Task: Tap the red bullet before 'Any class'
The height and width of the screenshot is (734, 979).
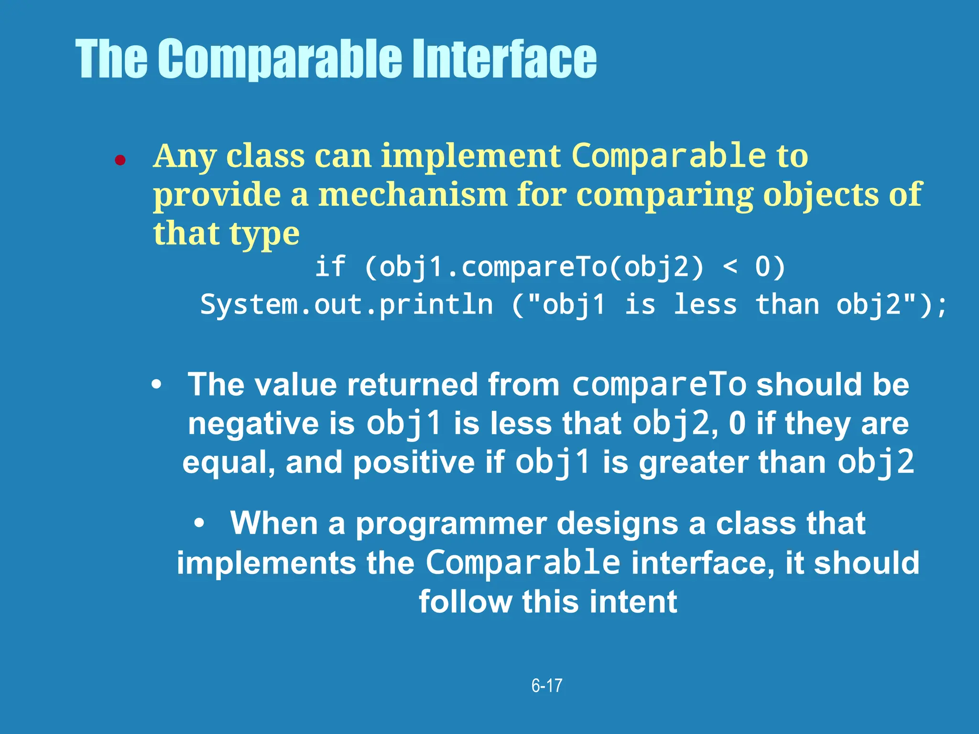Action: [x=120, y=161]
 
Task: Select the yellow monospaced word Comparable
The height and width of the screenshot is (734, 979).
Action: [x=669, y=156]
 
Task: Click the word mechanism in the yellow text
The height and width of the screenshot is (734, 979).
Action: [x=412, y=195]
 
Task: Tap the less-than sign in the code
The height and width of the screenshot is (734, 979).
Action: [x=729, y=267]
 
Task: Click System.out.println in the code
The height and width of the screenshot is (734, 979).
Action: [x=346, y=304]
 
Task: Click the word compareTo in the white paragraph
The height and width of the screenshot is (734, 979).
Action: [x=659, y=385]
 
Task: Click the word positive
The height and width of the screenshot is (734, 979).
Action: [x=413, y=463]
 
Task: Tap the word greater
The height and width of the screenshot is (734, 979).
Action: [x=693, y=463]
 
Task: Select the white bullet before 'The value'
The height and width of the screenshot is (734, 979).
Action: [x=156, y=385]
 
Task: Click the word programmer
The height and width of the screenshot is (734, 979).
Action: [x=451, y=523]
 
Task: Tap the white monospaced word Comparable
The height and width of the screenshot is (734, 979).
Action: [x=522, y=562]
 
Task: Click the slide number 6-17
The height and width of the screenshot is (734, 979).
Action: [x=547, y=686]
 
